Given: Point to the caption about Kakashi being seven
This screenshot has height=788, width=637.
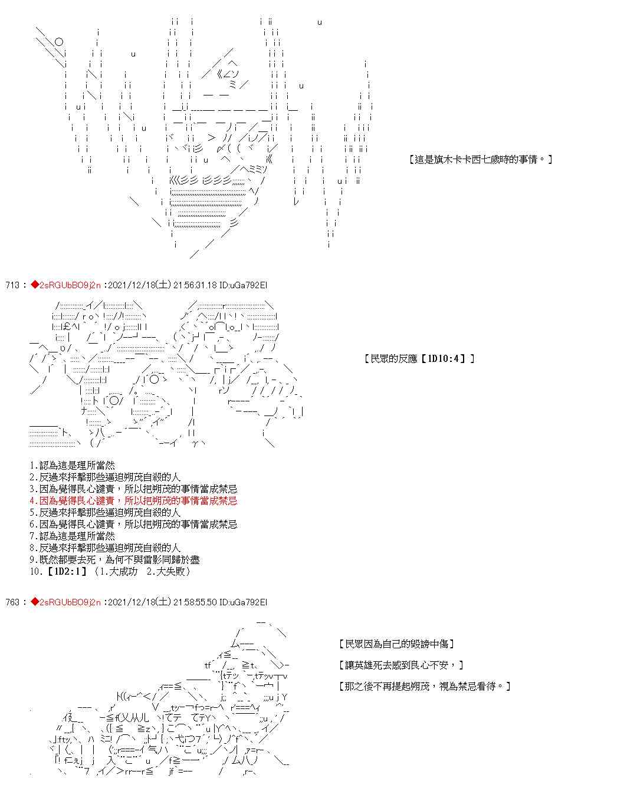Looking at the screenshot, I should (x=480, y=159).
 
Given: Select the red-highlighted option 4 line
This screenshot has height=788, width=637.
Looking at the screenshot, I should (x=133, y=501).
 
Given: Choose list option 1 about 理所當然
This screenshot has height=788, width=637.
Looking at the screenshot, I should (x=72, y=466).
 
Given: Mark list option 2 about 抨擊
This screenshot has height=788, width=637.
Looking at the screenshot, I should (x=105, y=477).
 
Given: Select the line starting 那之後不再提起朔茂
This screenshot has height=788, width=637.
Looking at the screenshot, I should (x=425, y=686).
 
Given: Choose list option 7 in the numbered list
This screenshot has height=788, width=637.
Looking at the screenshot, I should (x=72, y=536).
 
